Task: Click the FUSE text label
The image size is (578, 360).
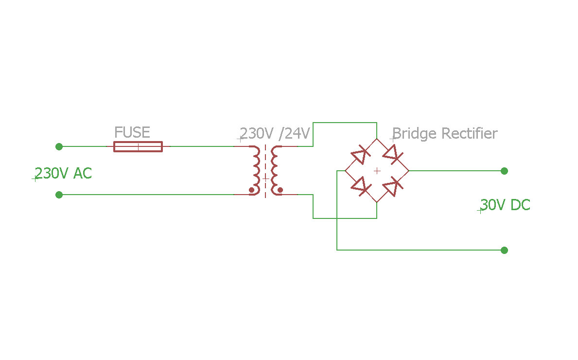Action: click(x=132, y=132)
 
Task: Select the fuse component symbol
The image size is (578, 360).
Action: click(x=138, y=146)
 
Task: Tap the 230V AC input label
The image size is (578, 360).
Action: click(x=63, y=173)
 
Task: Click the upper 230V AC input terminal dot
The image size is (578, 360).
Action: click(x=59, y=146)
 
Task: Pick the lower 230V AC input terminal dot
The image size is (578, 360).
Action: click(x=59, y=195)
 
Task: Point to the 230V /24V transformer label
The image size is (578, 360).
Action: click(x=275, y=133)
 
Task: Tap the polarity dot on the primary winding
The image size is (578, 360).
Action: click(x=251, y=190)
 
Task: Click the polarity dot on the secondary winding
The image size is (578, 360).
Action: click(x=280, y=190)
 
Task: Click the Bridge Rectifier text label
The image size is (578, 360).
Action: click(x=445, y=133)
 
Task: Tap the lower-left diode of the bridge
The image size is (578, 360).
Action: click(x=360, y=186)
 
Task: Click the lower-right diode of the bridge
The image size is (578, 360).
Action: click(x=392, y=186)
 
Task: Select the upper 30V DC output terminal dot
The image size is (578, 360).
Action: click(x=504, y=171)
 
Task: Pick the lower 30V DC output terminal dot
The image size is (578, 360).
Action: click(x=504, y=250)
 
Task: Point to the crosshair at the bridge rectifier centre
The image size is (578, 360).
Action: click(x=376, y=171)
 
